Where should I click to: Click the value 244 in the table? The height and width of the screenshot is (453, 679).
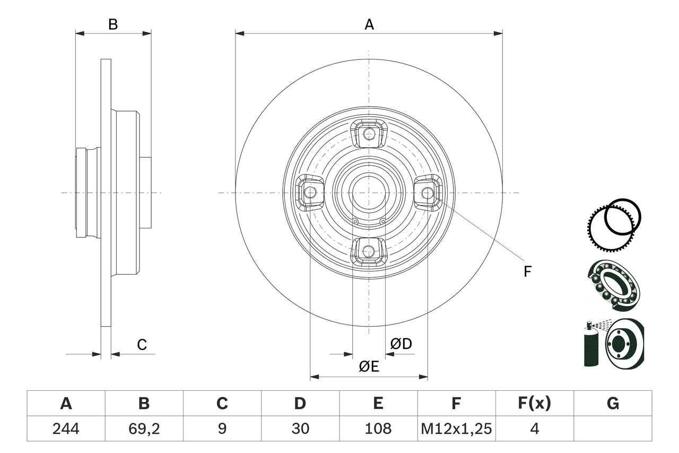(x=66, y=429)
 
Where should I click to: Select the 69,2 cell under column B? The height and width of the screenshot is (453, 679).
(x=144, y=429)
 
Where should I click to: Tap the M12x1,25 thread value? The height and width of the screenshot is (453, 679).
(x=456, y=429)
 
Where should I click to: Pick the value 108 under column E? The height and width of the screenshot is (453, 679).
(x=378, y=429)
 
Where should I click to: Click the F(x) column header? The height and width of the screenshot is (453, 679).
(x=534, y=404)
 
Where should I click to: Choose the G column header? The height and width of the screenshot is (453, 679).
(x=613, y=404)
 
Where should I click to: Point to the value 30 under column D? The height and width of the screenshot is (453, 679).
(x=300, y=429)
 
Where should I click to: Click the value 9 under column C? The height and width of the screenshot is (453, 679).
(x=222, y=429)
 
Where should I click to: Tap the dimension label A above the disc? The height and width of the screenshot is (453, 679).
(x=369, y=24)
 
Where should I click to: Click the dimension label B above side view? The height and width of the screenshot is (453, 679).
(x=113, y=24)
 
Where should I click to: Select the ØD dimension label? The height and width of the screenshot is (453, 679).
(x=401, y=344)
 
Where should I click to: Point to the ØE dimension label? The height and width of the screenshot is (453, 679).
(x=369, y=366)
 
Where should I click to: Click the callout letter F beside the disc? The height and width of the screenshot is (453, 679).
(x=527, y=271)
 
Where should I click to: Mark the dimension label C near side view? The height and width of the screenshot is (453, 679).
(x=142, y=345)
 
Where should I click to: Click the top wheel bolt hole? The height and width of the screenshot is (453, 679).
(x=369, y=134)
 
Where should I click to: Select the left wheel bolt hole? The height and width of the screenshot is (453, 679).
(x=310, y=192)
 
